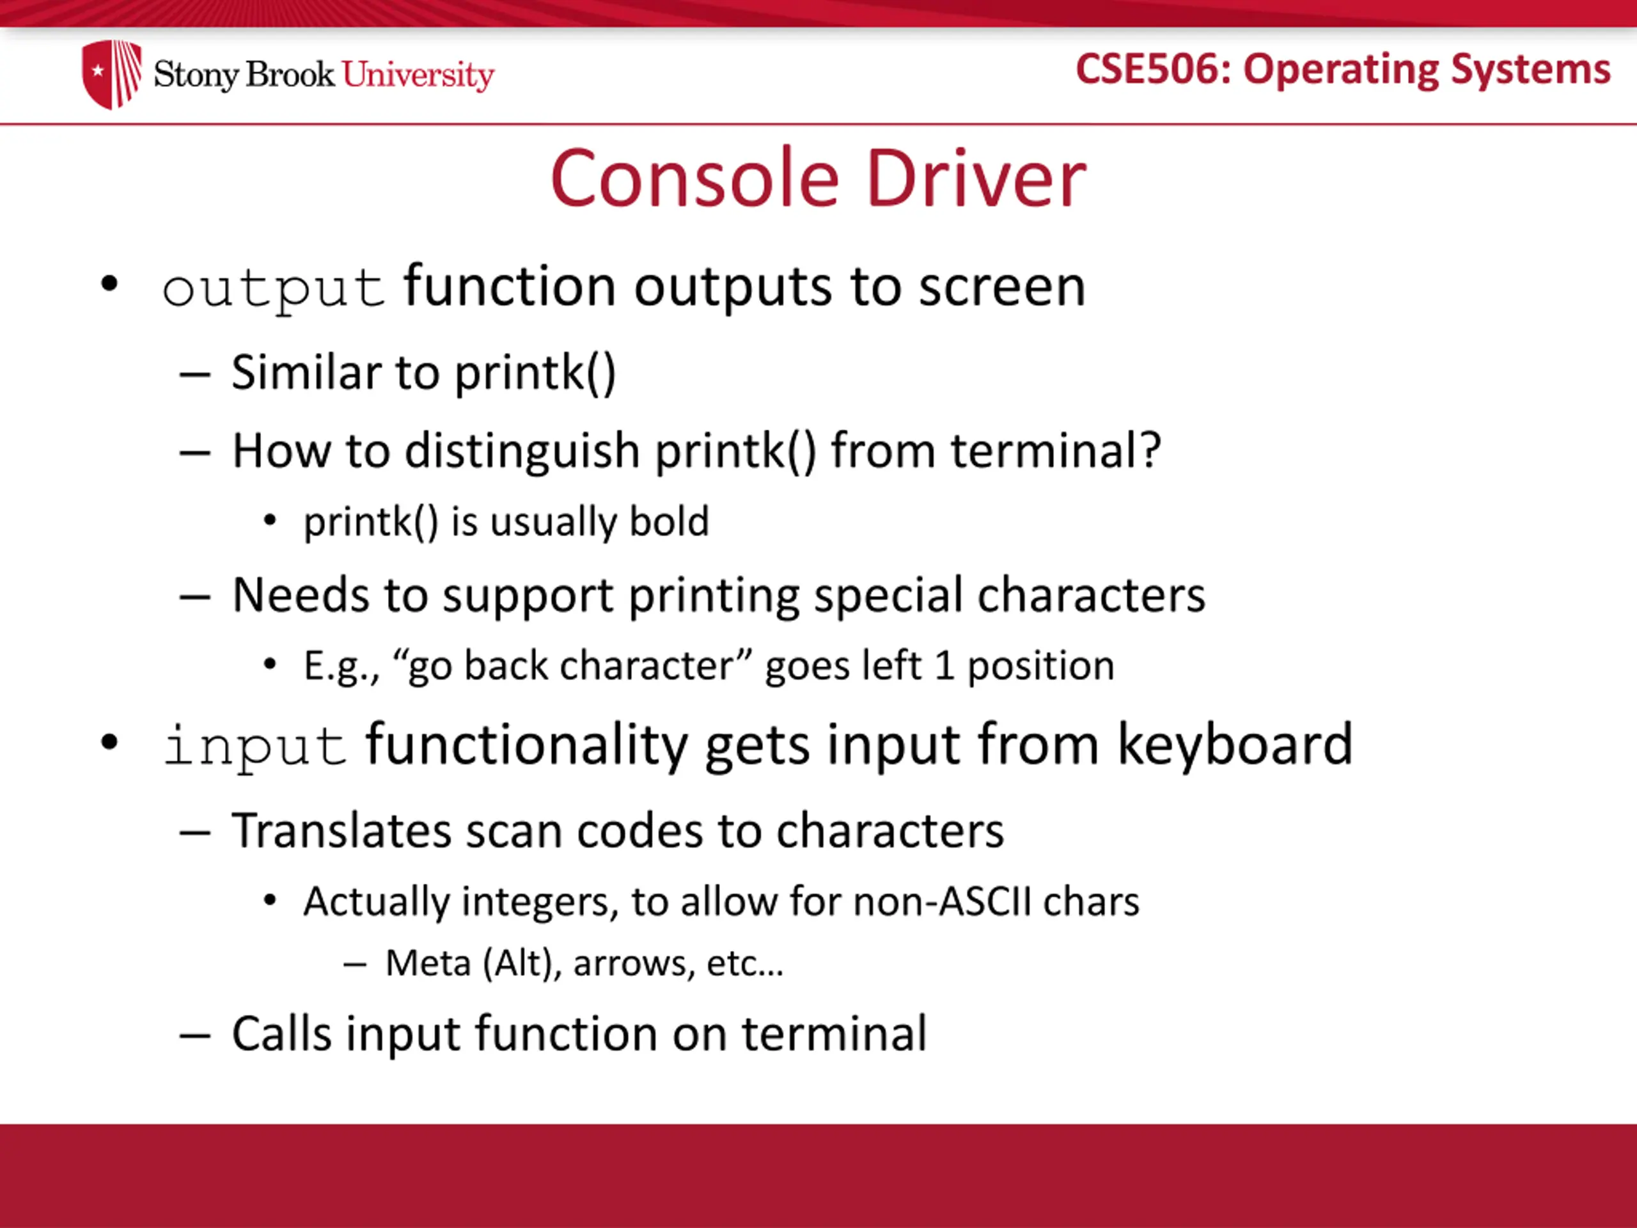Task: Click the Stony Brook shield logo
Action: point(111,74)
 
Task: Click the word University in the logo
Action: point(418,75)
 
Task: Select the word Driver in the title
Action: point(976,178)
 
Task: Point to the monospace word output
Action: point(273,288)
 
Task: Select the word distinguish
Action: point(522,451)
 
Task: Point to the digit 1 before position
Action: point(944,665)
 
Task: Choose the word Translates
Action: point(341,831)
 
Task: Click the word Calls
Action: point(282,1034)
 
